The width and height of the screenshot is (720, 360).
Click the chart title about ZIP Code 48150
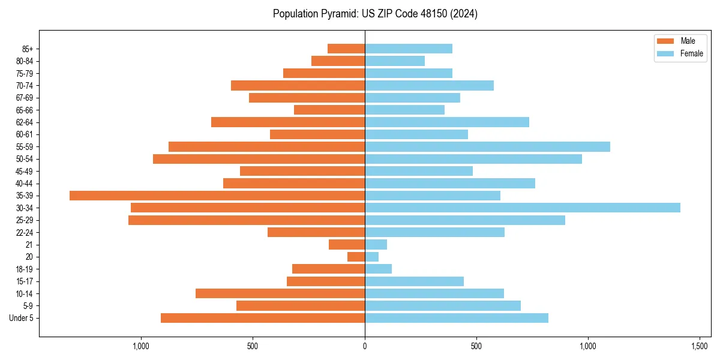(375, 14)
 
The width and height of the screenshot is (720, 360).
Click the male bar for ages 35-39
(217, 196)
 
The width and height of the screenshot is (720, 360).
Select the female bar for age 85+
(408, 49)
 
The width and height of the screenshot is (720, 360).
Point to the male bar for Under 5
(263, 318)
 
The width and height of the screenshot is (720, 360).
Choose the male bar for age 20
(356, 257)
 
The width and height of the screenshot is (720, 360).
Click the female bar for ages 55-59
(487, 146)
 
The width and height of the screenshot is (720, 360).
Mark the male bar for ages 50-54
(259, 159)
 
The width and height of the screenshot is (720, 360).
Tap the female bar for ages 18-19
(378, 269)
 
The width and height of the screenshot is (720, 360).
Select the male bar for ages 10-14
(280, 293)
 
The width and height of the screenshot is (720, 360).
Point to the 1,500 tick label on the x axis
(700, 346)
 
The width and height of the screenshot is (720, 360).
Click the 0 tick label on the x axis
(365, 346)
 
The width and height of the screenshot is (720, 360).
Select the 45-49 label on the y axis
(25, 171)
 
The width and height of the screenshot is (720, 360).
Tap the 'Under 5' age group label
(21, 318)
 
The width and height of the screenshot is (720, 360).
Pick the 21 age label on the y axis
(29, 245)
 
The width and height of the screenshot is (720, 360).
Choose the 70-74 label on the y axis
(25, 85)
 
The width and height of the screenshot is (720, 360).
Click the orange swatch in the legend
(665, 41)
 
